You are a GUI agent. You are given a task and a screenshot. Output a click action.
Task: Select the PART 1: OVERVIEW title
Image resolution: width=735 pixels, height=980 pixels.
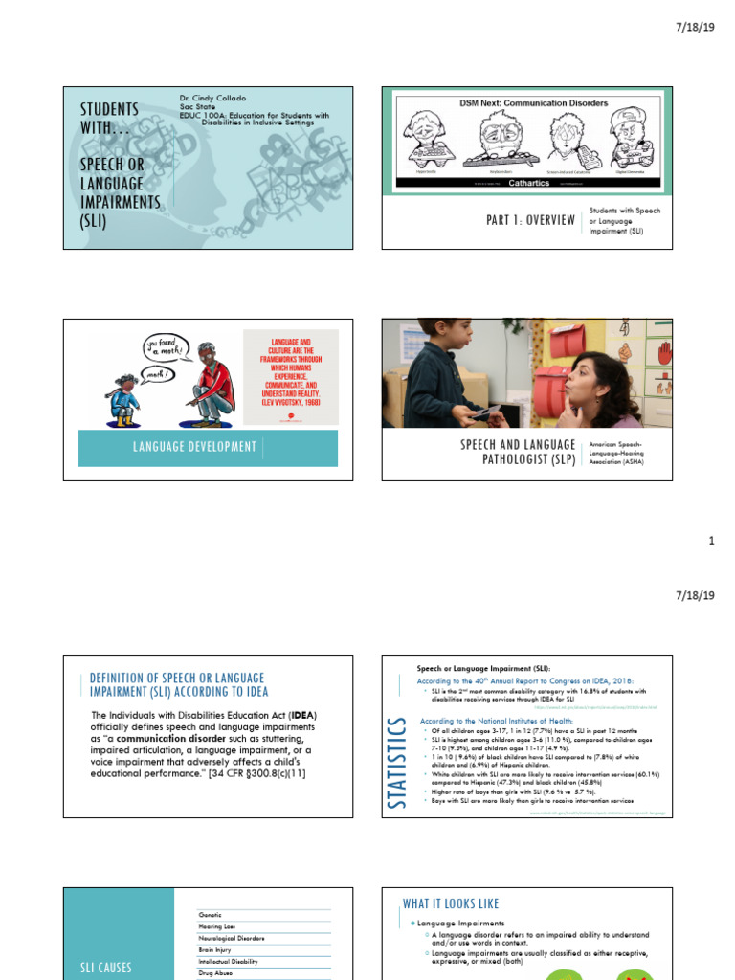point(531,220)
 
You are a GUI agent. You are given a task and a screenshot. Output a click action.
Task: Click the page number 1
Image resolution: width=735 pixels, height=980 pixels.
point(711,541)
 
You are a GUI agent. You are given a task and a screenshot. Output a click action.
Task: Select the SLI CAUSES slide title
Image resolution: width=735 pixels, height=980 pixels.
point(106,969)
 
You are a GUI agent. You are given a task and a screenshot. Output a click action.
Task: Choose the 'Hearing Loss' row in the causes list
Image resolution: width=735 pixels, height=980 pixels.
point(216,926)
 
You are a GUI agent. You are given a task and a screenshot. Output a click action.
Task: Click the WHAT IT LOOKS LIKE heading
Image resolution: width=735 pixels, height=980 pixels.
point(451,903)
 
